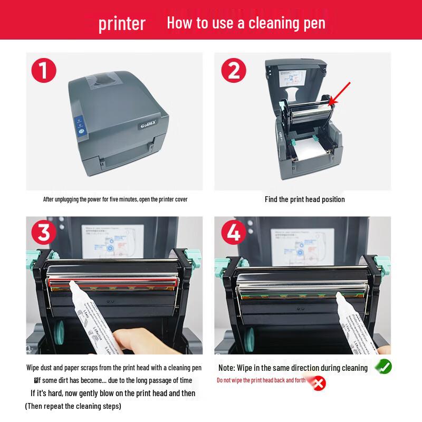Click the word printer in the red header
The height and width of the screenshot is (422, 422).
121,24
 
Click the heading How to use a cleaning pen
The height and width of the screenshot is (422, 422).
246,23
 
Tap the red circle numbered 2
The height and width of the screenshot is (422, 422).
233,71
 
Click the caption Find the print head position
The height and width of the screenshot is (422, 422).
304,199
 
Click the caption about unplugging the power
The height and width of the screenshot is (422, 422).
115,199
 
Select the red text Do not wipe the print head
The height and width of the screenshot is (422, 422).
261,380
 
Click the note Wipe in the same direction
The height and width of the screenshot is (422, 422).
293,368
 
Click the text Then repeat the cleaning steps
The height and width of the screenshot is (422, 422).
73,406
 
